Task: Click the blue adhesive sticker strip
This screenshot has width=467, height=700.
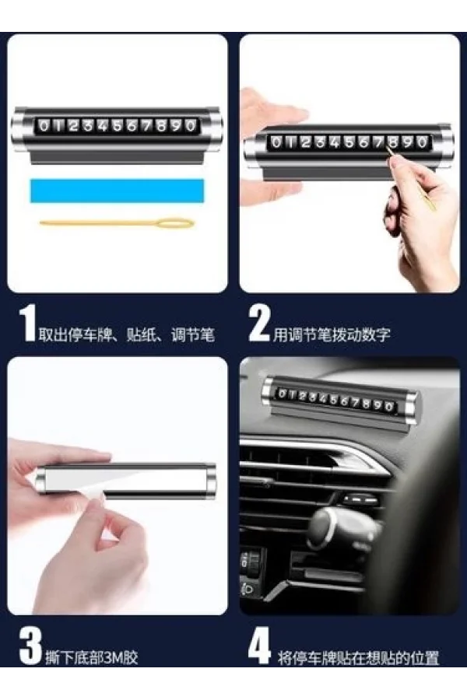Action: coord(117,191)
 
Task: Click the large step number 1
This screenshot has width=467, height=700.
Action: coord(28,324)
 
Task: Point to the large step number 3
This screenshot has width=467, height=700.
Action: coord(30,646)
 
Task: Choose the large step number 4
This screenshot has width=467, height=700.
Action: coord(260,646)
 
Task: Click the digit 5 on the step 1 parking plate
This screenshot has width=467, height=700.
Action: coord(118,126)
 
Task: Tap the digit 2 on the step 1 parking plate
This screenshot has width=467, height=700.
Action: coord(73,126)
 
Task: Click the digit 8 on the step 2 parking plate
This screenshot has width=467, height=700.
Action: coord(393,143)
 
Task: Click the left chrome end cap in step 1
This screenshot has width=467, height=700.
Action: coord(20,129)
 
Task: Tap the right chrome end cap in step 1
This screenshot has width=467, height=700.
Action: coord(213,129)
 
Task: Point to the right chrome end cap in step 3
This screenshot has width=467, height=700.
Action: coord(209,480)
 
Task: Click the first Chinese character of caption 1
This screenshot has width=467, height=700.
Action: coord(46,334)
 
